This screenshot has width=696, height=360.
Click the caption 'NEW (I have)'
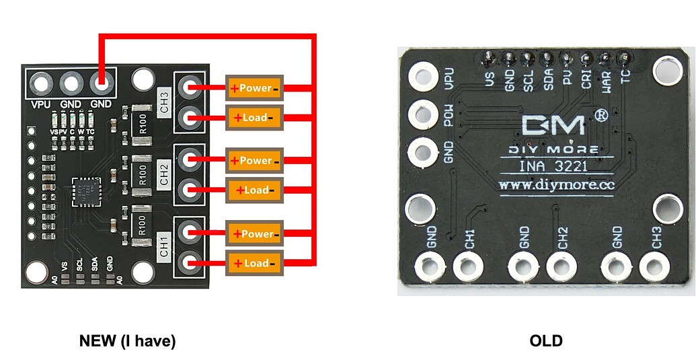point(127,341)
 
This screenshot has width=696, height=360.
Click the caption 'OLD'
point(546,341)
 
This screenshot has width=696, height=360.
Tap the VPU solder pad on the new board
point(41,84)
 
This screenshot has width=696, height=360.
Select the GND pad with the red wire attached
point(101,84)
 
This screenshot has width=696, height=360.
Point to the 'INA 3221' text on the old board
point(547,166)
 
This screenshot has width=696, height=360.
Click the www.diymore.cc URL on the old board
point(547,184)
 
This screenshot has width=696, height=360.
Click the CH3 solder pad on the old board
point(652,266)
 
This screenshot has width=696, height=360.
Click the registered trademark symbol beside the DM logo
point(602,116)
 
